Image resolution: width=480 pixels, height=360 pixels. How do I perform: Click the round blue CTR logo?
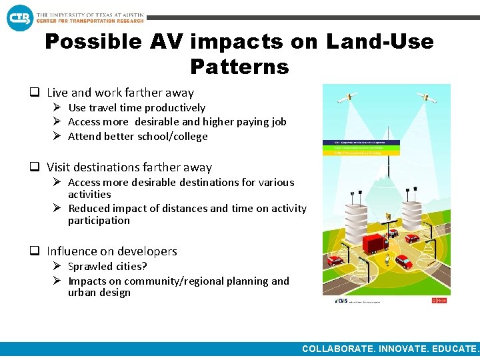[19, 17]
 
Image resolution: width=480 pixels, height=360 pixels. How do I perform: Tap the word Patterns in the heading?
[239, 67]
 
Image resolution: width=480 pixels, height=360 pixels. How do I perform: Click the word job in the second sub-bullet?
[279, 121]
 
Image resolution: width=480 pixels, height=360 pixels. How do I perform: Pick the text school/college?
[173, 136]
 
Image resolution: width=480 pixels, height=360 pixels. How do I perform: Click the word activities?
[89, 194]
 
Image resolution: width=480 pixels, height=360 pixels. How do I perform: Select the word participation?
[99, 220]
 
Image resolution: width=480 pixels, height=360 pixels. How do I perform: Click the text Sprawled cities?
[107, 267]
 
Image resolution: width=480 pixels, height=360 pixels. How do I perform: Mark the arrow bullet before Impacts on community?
[58, 281]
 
